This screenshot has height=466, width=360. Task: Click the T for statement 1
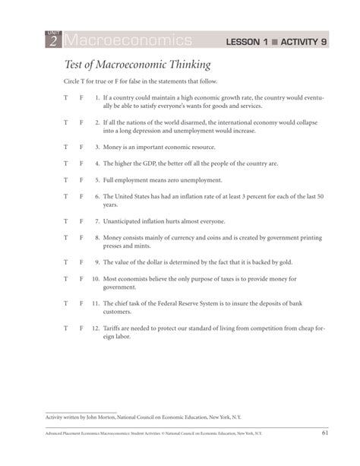click(66, 98)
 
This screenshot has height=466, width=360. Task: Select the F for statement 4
click(81, 163)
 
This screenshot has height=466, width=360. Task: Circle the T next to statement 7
click(66, 221)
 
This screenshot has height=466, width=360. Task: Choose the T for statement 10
click(66, 279)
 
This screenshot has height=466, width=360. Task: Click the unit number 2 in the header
click(52, 41)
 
